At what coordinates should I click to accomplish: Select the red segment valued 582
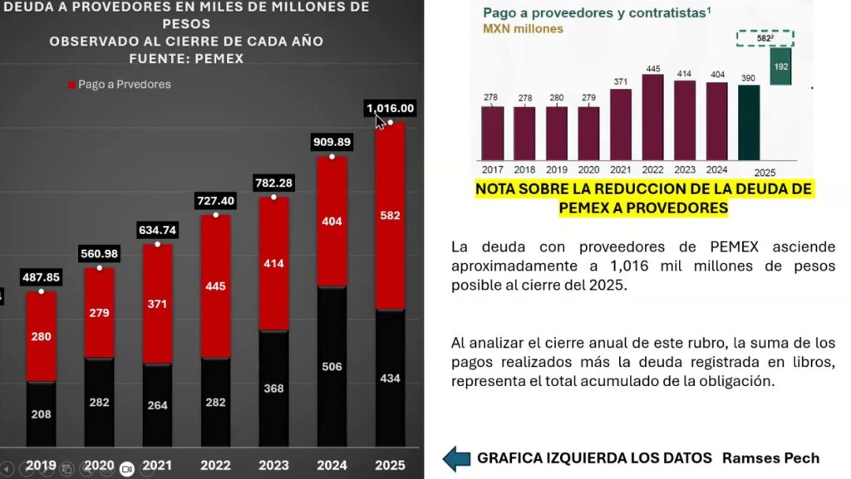tap(390, 216)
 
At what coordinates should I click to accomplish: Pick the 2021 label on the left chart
tap(157, 465)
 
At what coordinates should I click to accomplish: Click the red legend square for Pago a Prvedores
tap(71, 84)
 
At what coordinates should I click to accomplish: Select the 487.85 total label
tap(41, 277)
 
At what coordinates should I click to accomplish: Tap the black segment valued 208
tap(41, 413)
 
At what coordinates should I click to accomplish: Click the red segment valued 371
tap(157, 304)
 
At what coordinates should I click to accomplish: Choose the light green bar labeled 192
tap(780, 66)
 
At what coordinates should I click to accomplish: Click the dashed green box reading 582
tap(765, 37)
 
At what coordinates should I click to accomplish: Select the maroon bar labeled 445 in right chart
tap(652, 116)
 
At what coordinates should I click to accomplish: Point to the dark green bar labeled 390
tap(749, 122)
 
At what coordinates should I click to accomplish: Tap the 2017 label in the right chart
tap(492, 169)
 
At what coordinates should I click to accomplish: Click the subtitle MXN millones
tap(523, 28)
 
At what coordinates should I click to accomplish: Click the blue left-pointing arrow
tap(456, 458)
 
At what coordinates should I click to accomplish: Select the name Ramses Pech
tap(770, 458)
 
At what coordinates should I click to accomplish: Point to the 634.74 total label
tap(157, 230)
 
